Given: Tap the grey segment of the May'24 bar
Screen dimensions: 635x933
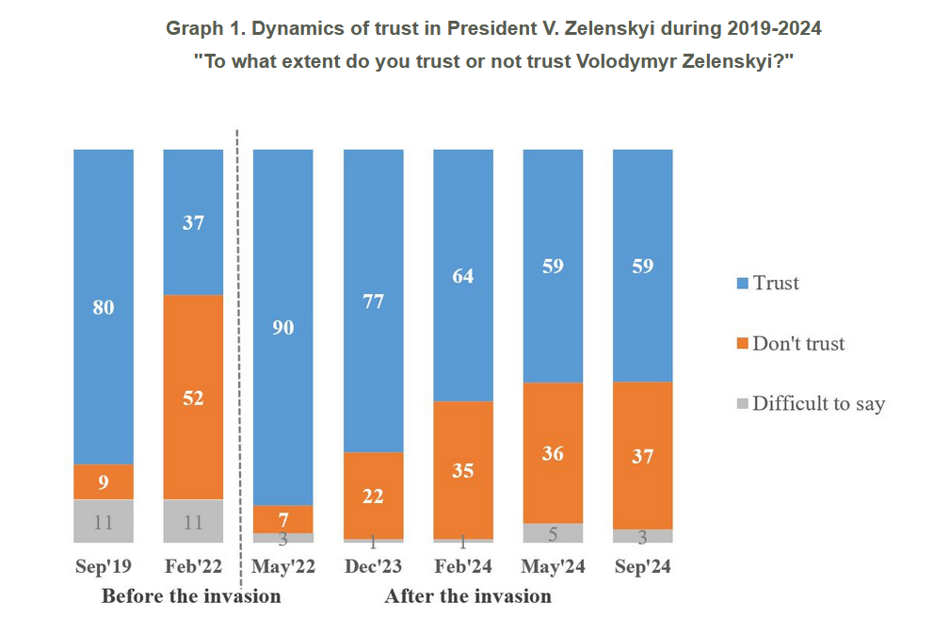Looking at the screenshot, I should (x=553, y=533).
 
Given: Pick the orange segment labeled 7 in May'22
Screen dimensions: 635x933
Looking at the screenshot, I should (x=283, y=519).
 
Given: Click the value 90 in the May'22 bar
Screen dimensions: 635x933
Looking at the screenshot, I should (x=283, y=328).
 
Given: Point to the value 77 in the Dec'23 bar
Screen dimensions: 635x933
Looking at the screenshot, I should (x=373, y=301).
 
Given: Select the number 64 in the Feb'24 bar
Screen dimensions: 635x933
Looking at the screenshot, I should (x=463, y=276).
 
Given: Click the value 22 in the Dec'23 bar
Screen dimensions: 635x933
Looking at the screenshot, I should (x=373, y=496).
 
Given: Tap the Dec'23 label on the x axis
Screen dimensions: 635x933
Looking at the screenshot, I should (x=373, y=567).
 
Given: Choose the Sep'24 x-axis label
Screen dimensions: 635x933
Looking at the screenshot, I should (x=642, y=567).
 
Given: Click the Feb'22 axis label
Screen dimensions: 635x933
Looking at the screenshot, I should (x=193, y=567).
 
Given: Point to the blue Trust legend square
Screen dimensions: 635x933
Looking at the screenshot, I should (x=742, y=284).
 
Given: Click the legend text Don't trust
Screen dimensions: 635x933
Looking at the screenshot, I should (x=798, y=344).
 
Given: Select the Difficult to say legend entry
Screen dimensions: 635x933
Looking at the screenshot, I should (x=818, y=404).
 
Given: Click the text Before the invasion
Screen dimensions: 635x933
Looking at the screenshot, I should (x=191, y=596).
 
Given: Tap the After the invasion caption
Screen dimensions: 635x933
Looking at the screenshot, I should (x=468, y=596).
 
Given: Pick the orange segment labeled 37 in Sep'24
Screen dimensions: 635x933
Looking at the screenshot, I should (x=642, y=456).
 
